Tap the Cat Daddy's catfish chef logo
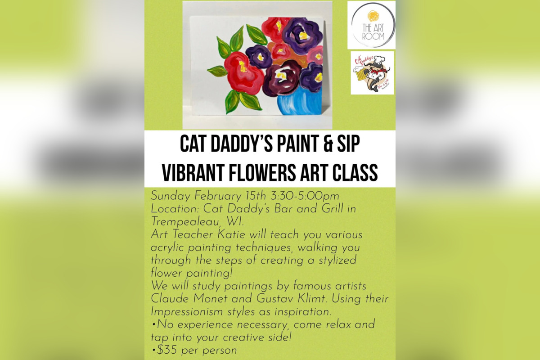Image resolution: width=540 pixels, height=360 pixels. point(372,73)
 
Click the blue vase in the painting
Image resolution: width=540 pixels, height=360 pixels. point(300,101)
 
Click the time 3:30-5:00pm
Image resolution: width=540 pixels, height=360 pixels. point(305,196)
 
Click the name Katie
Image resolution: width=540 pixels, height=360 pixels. point(231,234)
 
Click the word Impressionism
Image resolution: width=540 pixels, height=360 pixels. point(187,312)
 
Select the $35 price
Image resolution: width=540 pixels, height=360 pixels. point(167,351)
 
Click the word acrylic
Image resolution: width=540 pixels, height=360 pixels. point(167,248)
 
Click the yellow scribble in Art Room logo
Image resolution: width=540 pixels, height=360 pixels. point(373,16)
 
